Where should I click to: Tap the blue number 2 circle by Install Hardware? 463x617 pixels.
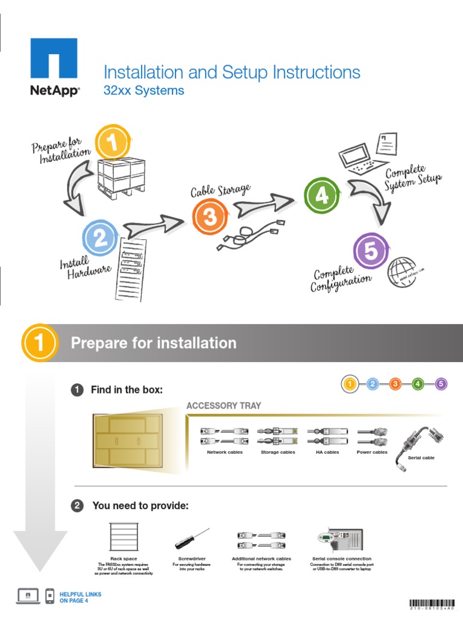click(100, 239)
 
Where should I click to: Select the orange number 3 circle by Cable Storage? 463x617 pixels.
click(209, 217)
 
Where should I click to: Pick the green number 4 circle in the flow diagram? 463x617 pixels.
click(322, 196)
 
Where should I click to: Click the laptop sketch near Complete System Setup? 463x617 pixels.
click(361, 156)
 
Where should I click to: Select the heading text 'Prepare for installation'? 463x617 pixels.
click(154, 343)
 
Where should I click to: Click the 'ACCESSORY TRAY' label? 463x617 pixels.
click(224, 406)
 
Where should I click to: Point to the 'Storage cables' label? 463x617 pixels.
click(278, 452)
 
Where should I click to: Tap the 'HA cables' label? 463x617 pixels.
click(327, 452)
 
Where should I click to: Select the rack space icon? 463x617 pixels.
click(124, 536)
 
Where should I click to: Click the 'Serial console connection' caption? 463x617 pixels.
click(342, 559)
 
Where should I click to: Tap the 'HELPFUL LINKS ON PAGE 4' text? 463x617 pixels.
click(80, 597)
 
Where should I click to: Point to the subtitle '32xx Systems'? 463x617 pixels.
click(143, 91)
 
